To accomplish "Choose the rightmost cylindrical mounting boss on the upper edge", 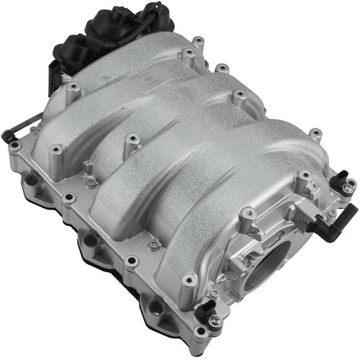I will pos(315,134).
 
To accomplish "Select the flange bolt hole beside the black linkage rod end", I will pos(16,147).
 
